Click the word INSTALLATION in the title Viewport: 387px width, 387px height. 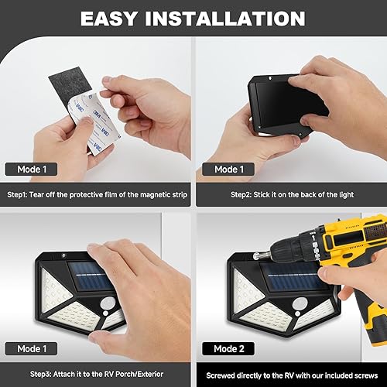[x=231, y=18]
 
